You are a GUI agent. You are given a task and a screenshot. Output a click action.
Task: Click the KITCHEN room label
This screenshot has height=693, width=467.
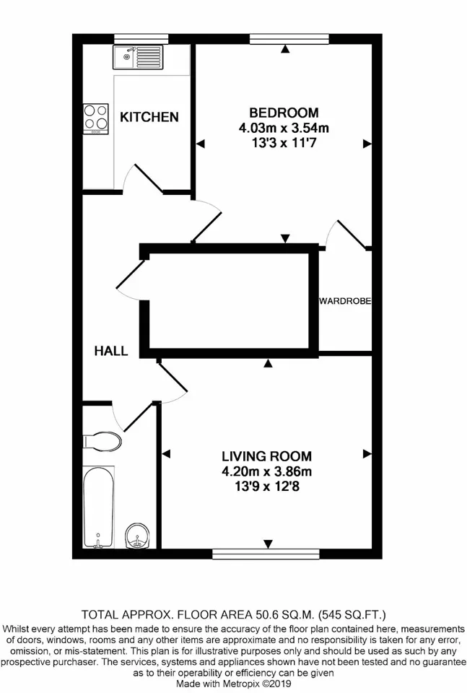pos(149,117)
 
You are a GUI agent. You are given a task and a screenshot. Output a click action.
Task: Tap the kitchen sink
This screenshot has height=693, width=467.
pos(138,57)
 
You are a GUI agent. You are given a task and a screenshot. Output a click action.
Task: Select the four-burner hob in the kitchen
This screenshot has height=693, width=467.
pos(96,119)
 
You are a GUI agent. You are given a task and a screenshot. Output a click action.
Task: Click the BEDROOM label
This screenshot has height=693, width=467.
pos(284,113)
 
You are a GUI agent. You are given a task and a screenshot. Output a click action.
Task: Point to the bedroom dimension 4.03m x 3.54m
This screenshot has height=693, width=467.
pos(284,128)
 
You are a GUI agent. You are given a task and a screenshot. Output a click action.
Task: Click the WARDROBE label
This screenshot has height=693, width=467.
pos(345,301)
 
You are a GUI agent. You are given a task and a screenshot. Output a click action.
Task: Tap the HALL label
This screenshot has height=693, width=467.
pos(111,351)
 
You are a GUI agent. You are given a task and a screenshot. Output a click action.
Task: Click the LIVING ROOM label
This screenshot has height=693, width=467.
pos(266,456)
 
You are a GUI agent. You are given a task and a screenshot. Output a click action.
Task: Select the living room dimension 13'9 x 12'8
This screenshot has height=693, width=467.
pos(266,487)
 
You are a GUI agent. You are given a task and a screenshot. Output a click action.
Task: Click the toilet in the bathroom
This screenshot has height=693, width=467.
pos(102,442)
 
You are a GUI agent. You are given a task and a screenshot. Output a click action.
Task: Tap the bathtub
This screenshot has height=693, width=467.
pos(99,507)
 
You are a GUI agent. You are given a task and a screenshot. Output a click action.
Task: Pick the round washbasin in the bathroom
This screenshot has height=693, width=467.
pos(139,536)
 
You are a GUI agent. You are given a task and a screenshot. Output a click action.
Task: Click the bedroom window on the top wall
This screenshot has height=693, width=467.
pos(289,39)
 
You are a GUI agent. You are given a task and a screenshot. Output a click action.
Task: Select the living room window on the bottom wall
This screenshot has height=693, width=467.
pos(266,554)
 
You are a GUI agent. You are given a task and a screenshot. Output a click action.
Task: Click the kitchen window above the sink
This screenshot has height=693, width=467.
pos(141,39)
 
